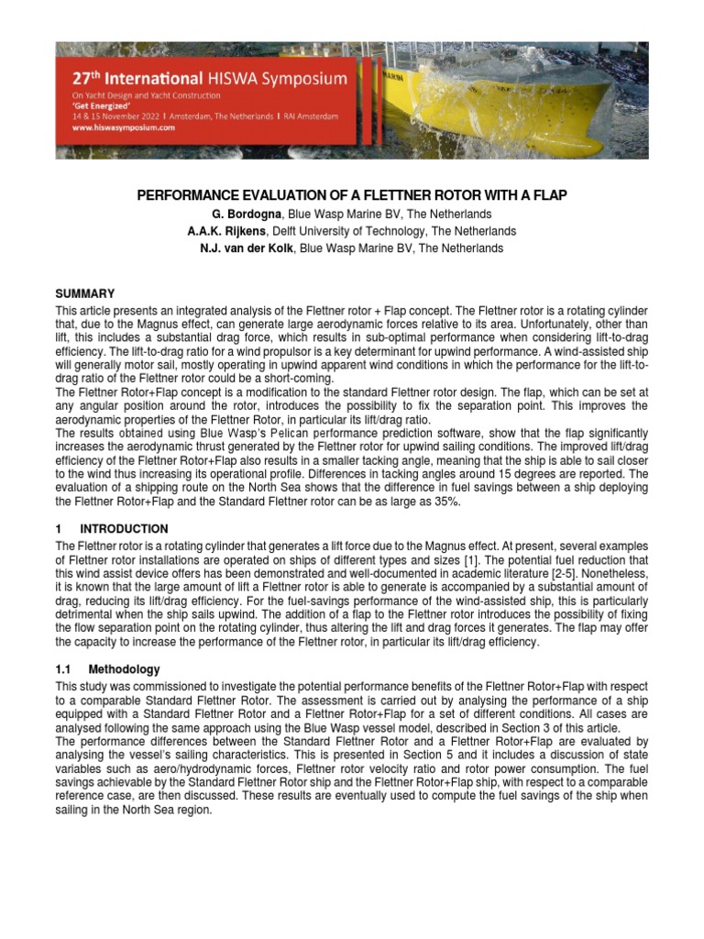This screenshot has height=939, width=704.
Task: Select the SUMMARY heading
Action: [85, 294]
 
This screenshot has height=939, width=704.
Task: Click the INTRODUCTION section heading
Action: [124, 529]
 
